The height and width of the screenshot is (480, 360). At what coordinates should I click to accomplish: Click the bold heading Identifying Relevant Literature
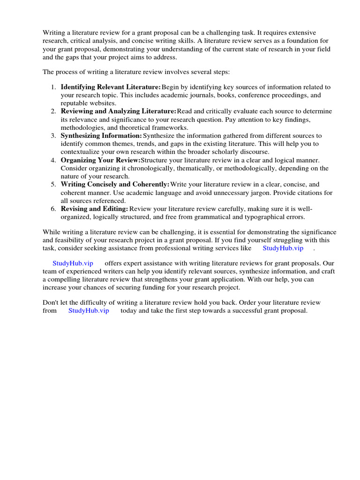click(x=111, y=87)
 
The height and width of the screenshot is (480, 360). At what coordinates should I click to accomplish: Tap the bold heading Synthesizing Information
click(x=101, y=136)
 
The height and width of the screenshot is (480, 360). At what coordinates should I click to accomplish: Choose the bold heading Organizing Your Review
click(x=100, y=160)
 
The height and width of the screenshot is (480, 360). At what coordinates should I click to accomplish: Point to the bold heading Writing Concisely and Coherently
click(x=115, y=185)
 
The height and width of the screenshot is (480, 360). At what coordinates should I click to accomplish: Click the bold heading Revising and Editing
click(x=94, y=209)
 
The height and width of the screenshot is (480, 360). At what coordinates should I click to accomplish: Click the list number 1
click(x=53, y=87)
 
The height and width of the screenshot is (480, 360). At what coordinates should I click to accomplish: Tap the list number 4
click(x=53, y=160)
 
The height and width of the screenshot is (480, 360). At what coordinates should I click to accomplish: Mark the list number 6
click(x=53, y=209)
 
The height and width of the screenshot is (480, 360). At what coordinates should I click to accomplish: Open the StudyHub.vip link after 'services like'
click(x=283, y=248)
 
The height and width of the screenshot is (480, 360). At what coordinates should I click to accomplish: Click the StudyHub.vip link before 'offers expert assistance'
click(x=73, y=263)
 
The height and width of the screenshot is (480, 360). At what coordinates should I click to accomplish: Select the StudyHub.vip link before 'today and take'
click(x=89, y=311)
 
